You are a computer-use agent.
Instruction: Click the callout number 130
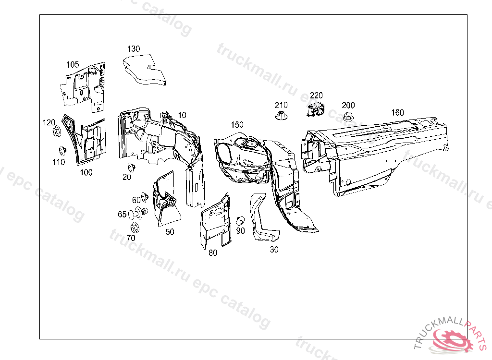click(x=134, y=48)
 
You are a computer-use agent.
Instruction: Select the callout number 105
click(x=73, y=64)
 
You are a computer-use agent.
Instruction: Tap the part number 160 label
click(x=397, y=113)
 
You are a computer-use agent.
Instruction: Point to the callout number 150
click(x=237, y=125)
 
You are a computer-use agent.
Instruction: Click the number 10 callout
click(x=182, y=115)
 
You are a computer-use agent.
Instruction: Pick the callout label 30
click(x=274, y=250)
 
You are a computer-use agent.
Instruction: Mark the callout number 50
click(x=170, y=232)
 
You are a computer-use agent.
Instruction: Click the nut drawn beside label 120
click(x=56, y=130)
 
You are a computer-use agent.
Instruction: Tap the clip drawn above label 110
click(x=61, y=150)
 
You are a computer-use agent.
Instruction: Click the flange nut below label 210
click(x=281, y=116)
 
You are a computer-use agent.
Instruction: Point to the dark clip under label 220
click(x=315, y=109)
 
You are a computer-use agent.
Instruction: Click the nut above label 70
click(x=134, y=228)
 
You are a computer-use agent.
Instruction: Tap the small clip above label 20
click(x=130, y=167)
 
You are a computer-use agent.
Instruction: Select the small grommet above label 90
click(x=241, y=220)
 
